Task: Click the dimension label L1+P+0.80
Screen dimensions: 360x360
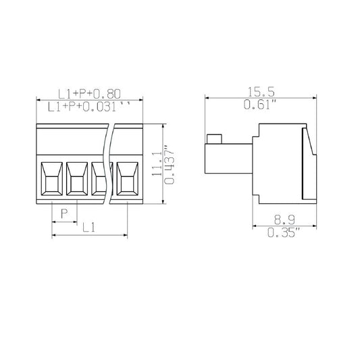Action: pyautogui.click(x=89, y=94)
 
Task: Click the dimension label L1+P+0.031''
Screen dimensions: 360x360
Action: pyautogui.click(x=89, y=106)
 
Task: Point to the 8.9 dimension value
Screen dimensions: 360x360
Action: pyautogui.click(x=283, y=220)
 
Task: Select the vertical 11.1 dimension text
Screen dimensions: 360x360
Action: pyautogui.click(x=156, y=165)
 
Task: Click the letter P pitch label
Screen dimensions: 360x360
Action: pyautogui.click(x=64, y=214)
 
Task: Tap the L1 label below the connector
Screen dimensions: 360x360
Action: pyautogui.click(x=88, y=228)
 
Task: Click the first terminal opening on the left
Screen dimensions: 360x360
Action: pyautogui.click(x=52, y=179)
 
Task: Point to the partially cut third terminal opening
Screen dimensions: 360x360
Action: pyautogui.click(x=99, y=179)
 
